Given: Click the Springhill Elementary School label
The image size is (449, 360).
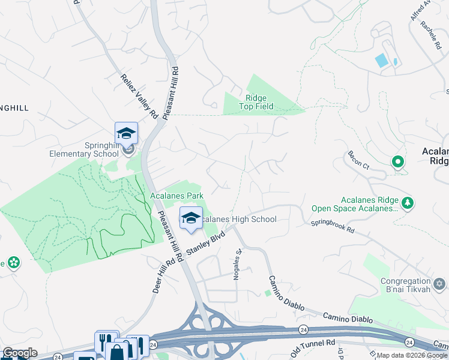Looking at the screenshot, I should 84,149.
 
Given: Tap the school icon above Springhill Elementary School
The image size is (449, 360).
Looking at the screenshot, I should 126,133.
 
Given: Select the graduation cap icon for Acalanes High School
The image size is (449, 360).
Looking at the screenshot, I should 191,218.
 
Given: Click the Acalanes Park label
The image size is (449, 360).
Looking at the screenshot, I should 176,196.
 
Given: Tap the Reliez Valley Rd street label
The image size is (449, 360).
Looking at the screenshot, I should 139,95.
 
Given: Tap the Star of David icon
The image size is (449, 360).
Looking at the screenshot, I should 439,283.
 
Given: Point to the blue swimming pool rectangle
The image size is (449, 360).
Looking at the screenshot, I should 381,61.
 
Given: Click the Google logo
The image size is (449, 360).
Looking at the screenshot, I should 20,353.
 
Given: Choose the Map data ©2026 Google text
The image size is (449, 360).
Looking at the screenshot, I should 412,355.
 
